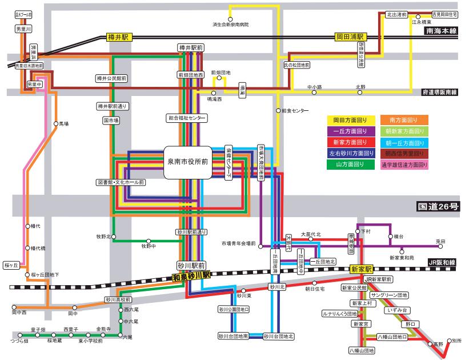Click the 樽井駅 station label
119,37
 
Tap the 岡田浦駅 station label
352,37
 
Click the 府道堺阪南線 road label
441,91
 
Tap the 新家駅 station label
361,269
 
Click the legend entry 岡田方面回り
350,121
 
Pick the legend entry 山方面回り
350,165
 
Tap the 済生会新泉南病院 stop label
231,25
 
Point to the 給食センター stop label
295,110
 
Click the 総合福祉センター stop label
187,117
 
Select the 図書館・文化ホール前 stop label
121,182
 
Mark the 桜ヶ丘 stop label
11,265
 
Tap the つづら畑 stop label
19,341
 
